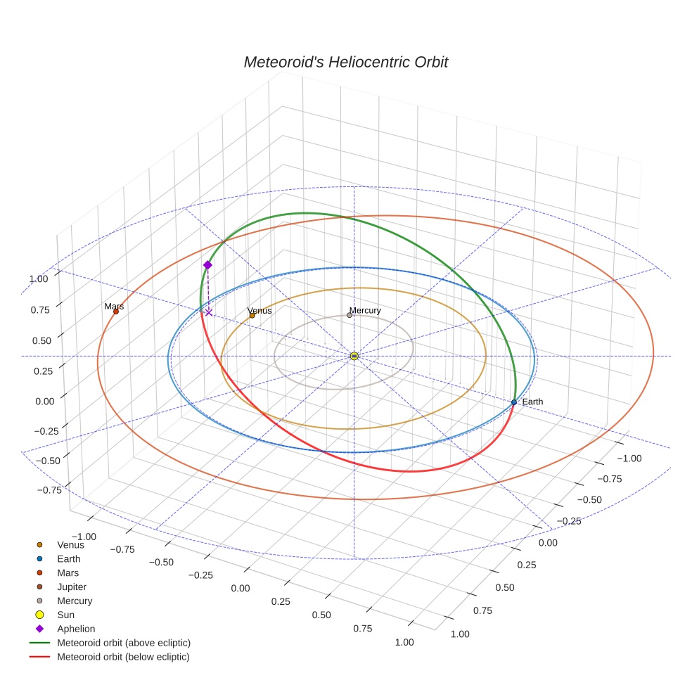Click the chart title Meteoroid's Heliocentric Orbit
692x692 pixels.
point(345,62)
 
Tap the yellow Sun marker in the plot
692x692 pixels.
point(354,356)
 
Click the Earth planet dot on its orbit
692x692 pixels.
point(514,402)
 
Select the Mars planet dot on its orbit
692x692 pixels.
point(116,312)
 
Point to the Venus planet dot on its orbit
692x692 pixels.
point(252,315)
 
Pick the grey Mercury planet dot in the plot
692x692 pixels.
point(350,315)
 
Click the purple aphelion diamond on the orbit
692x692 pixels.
point(207,265)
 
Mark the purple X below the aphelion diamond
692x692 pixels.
point(209,312)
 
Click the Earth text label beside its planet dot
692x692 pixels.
point(532,402)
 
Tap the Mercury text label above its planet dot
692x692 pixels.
point(365,310)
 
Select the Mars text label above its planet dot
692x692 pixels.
point(114,307)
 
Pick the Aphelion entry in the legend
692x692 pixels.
point(76,629)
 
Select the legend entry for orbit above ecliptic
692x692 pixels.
point(124,643)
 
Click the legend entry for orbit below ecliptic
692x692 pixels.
point(124,657)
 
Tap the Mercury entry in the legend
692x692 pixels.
point(75,601)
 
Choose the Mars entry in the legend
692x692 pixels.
point(68,572)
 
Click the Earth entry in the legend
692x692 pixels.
point(69,558)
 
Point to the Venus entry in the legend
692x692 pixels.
point(70,544)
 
